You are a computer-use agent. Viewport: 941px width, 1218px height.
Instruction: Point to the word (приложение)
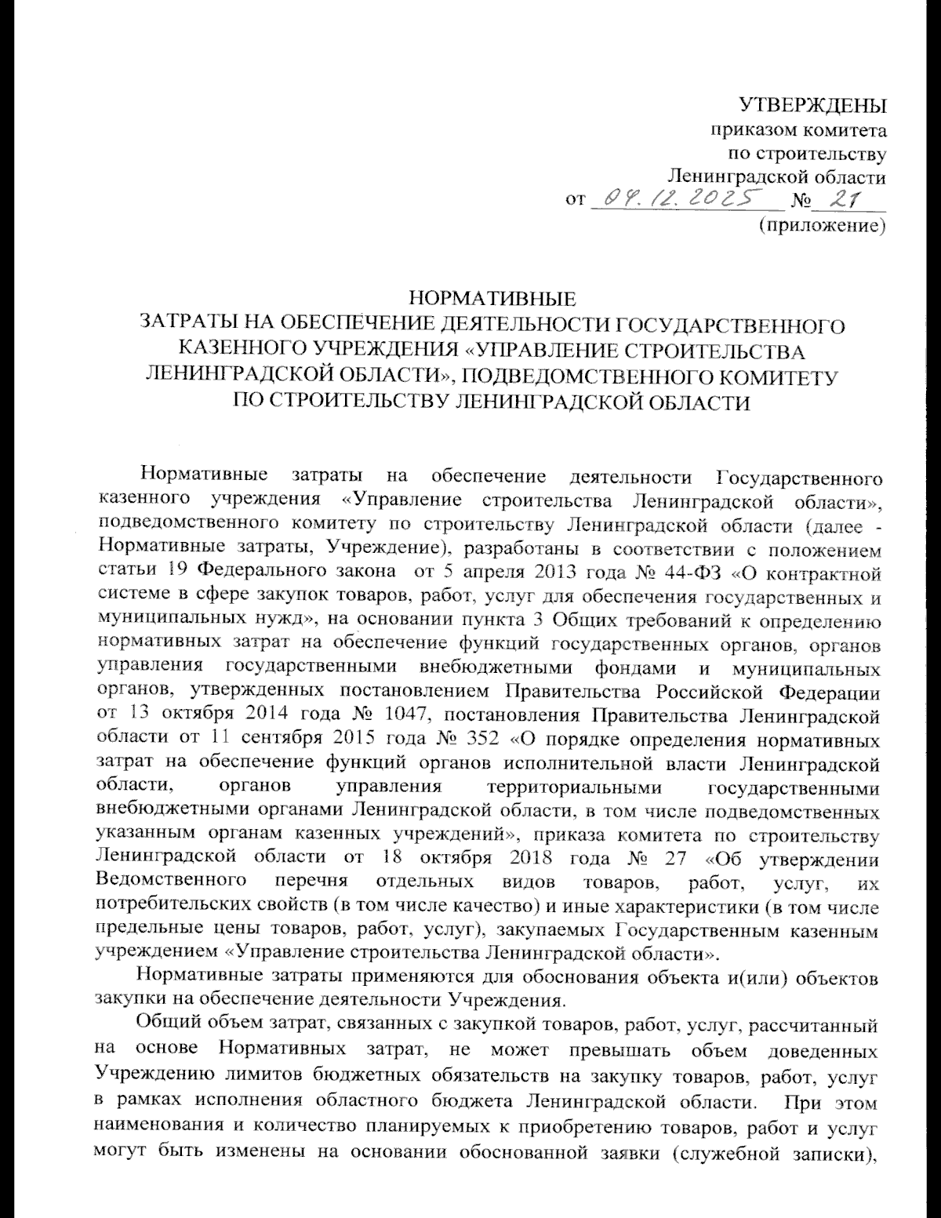coord(821,227)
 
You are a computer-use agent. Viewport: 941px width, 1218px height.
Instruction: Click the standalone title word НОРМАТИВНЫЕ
coord(493,299)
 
